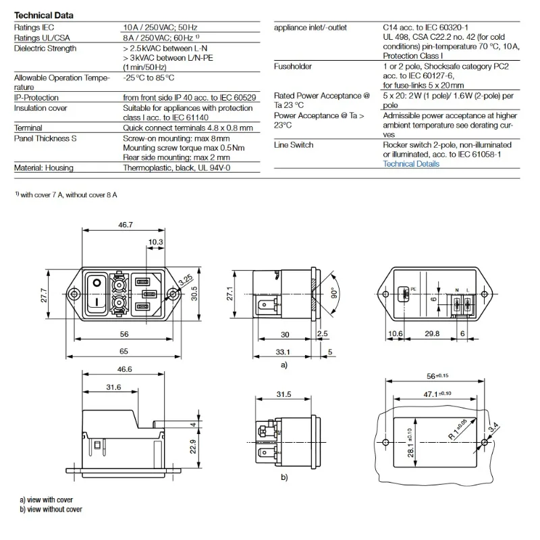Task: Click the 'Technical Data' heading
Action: point(44,15)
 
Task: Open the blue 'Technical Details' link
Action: point(411,164)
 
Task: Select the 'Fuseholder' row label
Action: point(293,66)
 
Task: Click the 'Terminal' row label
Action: point(28,128)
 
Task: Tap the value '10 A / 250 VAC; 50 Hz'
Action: point(160,28)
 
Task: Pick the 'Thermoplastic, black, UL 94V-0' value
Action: point(177,168)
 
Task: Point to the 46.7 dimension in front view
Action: point(126,225)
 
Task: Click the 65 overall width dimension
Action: point(124,351)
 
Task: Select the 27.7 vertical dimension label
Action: point(44,295)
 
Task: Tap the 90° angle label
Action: point(334,294)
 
